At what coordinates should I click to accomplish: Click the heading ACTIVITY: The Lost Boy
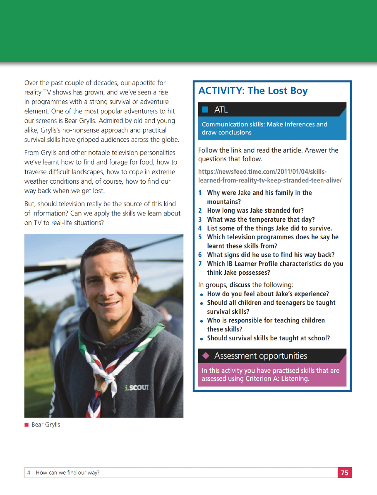click(253, 91)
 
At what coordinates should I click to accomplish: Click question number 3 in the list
click(200, 220)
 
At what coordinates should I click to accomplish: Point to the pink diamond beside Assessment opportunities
click(205, 356)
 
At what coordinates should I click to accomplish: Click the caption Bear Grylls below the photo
click(46, 425)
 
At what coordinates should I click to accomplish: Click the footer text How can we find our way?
click(68, 473)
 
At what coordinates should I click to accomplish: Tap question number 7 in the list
click(200, 264)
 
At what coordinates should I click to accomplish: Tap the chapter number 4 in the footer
click(28, 473)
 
